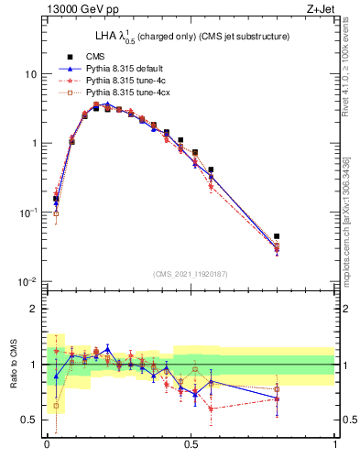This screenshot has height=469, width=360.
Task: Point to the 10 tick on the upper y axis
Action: point(31,73)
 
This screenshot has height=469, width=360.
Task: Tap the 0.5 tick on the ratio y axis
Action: point(32,420)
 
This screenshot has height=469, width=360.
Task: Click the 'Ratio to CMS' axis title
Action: point(13,365)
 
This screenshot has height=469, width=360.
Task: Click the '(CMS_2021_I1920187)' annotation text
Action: point(191,274)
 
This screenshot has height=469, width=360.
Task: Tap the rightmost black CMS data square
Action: point(277,236)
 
